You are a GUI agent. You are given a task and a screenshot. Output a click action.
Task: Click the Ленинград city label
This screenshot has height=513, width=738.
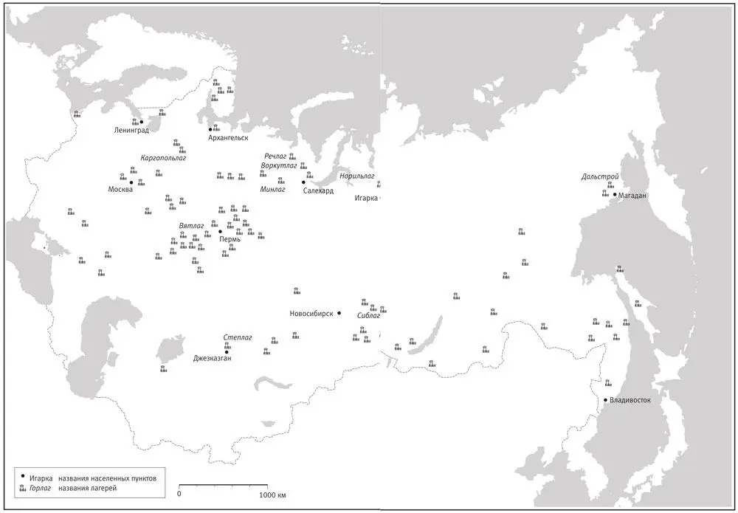pos(132,131)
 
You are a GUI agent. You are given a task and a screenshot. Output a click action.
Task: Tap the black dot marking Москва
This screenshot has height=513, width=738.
pos(131,182)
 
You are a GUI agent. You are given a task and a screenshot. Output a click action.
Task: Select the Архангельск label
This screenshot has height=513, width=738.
pos(228,138)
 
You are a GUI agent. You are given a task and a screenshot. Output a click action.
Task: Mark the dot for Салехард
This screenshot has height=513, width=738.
pos(303,182)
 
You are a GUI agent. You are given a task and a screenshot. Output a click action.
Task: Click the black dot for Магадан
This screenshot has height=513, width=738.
pos(615,195)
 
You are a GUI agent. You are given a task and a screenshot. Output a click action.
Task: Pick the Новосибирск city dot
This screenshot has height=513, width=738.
pos(339,314)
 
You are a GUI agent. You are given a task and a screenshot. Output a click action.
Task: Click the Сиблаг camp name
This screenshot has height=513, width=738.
pos(368,315)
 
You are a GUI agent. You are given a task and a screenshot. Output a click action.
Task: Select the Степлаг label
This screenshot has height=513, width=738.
pos(238,337)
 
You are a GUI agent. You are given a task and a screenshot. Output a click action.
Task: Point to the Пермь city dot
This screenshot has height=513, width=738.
pos(220,232)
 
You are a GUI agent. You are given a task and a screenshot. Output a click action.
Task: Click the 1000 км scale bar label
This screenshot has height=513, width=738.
pos(272,494)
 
